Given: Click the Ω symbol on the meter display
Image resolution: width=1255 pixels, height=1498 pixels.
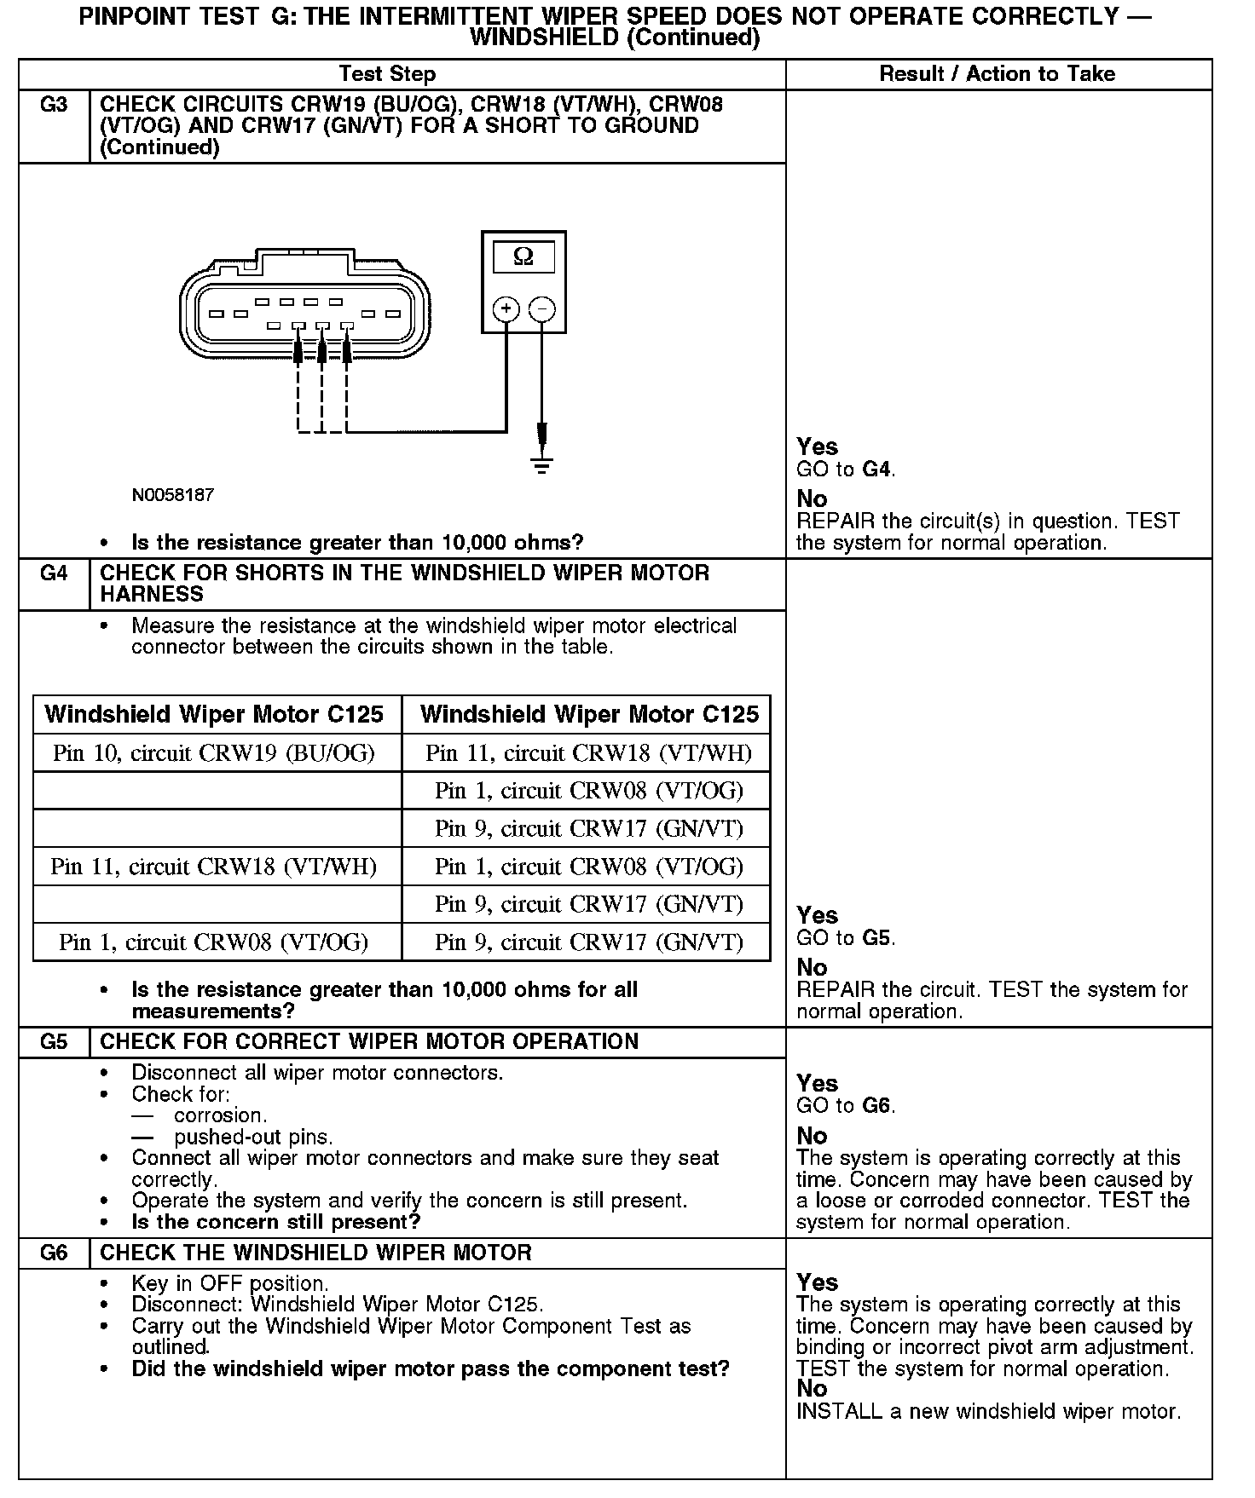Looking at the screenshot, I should (x=523, y=256).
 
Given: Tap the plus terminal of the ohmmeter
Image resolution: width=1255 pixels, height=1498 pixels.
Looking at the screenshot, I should (x=506, y=308).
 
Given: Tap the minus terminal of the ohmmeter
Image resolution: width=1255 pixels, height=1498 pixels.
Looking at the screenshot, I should (x=542, y=308).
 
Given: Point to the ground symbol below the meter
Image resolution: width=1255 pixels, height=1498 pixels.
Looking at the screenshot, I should (x=541, y=464).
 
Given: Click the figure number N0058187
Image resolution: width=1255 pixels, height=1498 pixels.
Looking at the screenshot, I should (x=173, y=495).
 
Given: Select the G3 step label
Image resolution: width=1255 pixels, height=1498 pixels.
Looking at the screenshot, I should (x=54, y=105).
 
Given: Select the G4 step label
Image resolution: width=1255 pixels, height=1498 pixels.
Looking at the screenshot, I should (x=54, y=573).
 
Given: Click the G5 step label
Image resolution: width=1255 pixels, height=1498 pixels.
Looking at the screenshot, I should (x=54, y=1042).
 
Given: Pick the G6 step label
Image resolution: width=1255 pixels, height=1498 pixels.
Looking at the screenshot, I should (x=54, y=1253).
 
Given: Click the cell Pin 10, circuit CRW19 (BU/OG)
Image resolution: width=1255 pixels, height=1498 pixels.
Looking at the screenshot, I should (x=214, y=753).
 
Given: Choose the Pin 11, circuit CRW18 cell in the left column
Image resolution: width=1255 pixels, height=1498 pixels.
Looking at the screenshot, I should (x=214, y=867).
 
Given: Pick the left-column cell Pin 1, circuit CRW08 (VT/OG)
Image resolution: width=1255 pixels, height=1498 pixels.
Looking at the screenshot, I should (x=214, y=942).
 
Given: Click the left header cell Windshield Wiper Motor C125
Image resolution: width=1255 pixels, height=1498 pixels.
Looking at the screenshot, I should (x=214, y=714).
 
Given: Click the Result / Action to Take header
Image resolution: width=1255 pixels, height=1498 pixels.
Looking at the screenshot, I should (x=997, y=74).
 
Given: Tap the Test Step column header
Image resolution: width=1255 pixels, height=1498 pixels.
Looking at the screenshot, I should (x=387, y=74).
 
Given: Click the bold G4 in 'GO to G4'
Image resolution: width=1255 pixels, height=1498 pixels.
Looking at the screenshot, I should (x=877, y=470).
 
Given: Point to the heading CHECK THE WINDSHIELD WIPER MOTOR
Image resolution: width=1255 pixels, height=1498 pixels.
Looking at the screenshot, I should (x=315, y=1253).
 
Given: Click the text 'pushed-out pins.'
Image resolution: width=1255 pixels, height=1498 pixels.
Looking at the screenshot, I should (x=253, y=1137).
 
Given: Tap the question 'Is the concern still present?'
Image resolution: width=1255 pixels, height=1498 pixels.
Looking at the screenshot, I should (x=276, y=1222).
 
